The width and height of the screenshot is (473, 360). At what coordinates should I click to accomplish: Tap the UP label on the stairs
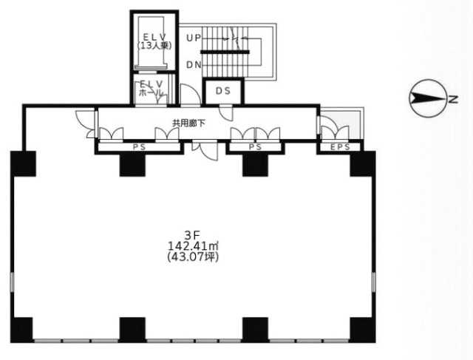(x=194, y=37)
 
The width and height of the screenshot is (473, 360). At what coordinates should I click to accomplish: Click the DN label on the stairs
(x=194, y=65)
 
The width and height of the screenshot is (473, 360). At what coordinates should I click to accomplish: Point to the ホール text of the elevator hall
(x=150, y=94)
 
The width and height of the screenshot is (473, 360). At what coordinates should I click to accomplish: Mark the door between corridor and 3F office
(x=204, y=149)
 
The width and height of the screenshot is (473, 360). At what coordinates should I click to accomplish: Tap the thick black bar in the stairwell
(x=225, y=52)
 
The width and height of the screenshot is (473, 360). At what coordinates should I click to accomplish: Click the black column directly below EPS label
(x=362, y=164)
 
